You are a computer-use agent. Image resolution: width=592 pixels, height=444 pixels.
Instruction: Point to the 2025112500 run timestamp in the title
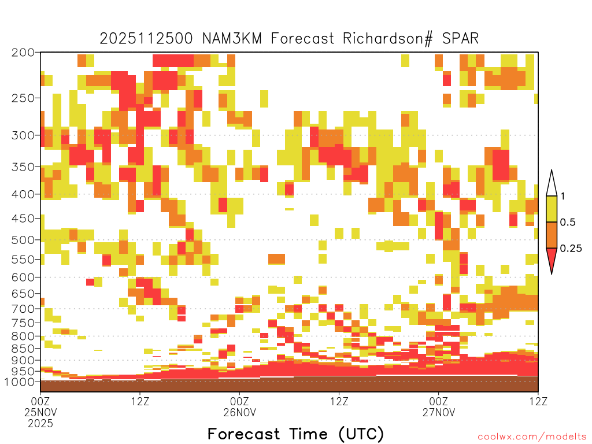point(146,39)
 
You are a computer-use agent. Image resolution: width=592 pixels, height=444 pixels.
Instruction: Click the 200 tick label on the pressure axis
point(23,53)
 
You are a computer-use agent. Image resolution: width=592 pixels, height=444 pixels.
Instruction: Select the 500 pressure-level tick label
point(23,240)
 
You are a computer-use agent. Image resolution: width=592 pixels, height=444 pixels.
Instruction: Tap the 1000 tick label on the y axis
point(20,382)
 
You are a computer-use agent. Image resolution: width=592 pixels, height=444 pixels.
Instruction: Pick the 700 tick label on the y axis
point(23,309)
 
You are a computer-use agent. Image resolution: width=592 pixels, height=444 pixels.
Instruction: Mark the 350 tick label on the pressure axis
point(23,166)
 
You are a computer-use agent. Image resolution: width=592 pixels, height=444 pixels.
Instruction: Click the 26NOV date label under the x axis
point(239,412)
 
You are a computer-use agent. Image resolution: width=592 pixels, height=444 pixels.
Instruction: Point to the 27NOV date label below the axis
point(439,412)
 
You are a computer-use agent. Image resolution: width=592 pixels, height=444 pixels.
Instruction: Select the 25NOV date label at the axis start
point(40,412)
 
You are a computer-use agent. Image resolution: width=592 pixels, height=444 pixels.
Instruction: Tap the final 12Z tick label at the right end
point(538,401)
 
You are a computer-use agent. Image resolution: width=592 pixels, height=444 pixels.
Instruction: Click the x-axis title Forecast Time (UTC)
point(295,434)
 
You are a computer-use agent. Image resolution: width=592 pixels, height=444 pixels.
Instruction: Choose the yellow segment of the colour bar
point(552,209)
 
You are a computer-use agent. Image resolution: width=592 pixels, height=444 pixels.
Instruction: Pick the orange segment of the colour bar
point(552,235)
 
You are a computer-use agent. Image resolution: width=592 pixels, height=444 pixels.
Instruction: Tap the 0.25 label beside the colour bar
point(571,249)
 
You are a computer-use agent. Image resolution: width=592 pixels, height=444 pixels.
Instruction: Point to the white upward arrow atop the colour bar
point(552,185)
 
